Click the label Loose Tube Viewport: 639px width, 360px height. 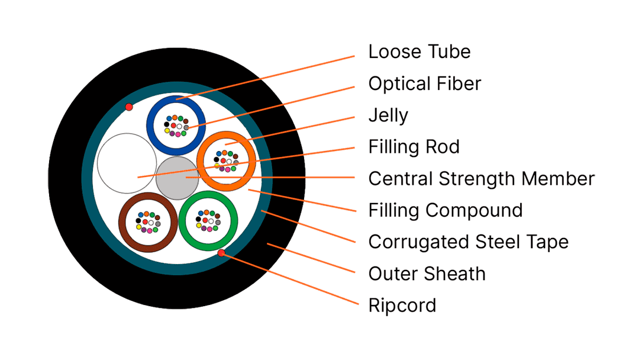tap(419, 52)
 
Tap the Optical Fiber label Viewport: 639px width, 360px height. tap(425, 84)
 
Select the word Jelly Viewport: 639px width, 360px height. tap(388, 115)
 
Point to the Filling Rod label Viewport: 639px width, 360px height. tap(414, 147)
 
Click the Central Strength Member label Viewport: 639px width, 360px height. tap(481, 179)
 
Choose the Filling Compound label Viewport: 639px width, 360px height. tap(446, 211)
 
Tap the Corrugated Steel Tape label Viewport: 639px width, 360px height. tap(468, 242)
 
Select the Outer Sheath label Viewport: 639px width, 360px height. tap(427, 274)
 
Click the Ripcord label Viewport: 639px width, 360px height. tap(402, 306)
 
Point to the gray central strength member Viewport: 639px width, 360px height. tap(177, 178)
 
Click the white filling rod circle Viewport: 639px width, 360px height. tap(127, 163)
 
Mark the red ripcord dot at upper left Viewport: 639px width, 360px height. tap(129, 107)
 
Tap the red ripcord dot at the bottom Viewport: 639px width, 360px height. tap(221, 253)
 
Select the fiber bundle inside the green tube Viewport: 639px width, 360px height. tap(208, 221)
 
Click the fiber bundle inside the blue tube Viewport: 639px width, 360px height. tap(176, 126)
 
